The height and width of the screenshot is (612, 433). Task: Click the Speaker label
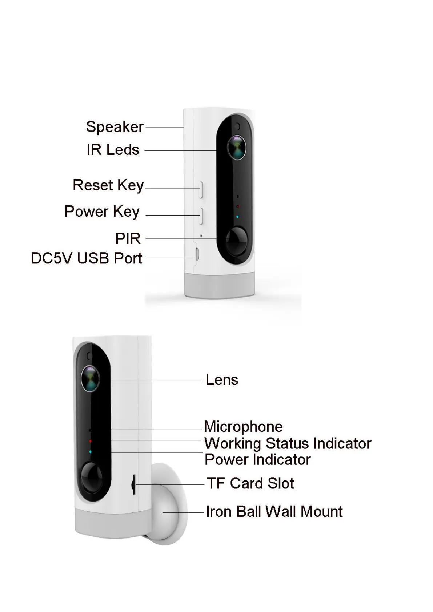pyautogui.click(x=115, y=127)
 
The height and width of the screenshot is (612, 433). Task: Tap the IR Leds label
pyautogui.click(x=113, y=150)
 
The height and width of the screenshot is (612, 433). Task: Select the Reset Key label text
pyautogui.click(x=108, y=185)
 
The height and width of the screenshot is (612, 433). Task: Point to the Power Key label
pyautogui.click(x=102, y=212)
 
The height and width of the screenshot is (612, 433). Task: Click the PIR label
pyautogui.click(x=128, y=239)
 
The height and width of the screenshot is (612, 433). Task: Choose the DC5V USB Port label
pyautogui.click(x=87, y=258)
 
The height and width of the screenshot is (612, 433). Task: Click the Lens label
pyautogui.click(x=222, y=380)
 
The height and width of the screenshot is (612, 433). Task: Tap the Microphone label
pyautogui.click(x=243, y=427)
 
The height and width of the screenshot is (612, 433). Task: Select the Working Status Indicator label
pyautogui.click(x=288, y=443)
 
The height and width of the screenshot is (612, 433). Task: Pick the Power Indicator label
pyautogui.click(x=257, y=460)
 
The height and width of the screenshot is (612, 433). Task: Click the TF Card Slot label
pyautogui.click(x=250, y=483)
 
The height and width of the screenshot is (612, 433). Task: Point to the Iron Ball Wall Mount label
pyautogui.click(x=274, y=512)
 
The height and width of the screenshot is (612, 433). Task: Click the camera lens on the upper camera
pyautogui.click(x=237, y=148)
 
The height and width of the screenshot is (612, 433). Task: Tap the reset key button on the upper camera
pyautogui.click(x=200, y=189)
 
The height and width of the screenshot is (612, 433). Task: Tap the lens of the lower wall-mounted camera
pyautogui.click(x=90, y=378)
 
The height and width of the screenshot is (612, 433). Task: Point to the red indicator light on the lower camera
pyautogui.click(x=90, y=441)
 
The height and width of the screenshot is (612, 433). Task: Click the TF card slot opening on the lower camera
pyautogui.click(x=133, y=484)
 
